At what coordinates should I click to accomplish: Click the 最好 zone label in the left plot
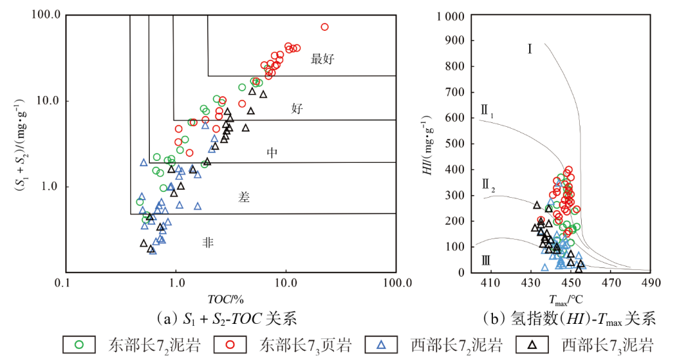(x=323, y=59)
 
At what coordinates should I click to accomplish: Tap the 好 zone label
(x=297, y=109)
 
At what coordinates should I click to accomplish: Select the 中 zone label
(x=273, y=153)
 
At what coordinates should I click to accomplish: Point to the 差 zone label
(x=244, y=197)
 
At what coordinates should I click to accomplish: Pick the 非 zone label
(x=208, y=242)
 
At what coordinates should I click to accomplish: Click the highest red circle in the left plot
(x=324, y=27)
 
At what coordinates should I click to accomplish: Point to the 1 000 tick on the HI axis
(x=449, y=16)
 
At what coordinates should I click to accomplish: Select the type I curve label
(x=529, y=49)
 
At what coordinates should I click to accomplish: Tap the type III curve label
(x=486, y=261)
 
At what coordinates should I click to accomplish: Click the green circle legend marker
(x=80, y=344)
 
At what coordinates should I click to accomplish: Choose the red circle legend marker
(x=237, y=344)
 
